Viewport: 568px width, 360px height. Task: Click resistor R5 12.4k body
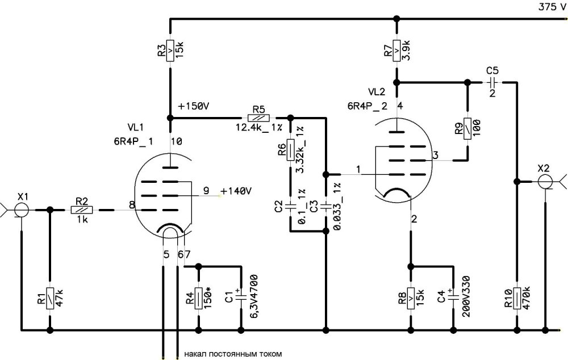coord(259,118)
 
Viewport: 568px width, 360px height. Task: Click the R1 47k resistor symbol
coord(50,298)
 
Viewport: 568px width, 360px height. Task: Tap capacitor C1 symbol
coord(242,296)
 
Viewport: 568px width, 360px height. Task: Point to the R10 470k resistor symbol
coord(516,298)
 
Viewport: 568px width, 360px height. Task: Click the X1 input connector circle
coord(22,210)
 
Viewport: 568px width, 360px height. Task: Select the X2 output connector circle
coord(544,182)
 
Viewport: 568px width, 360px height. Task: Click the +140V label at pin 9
coord(236,191)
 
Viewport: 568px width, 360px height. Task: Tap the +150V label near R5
coord(193,107)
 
